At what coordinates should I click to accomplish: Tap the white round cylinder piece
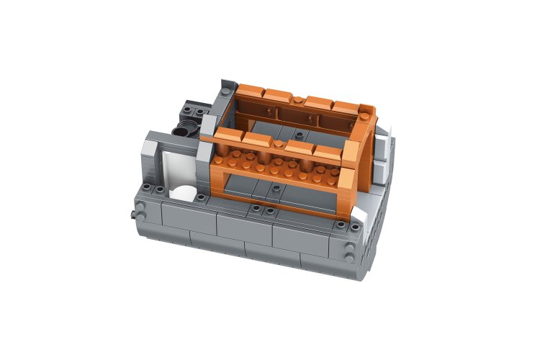[185, 194]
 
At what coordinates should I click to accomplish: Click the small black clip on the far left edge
[132, 215]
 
